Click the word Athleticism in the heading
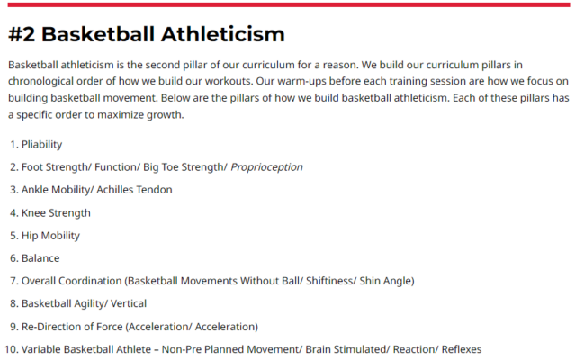tap(222, 34)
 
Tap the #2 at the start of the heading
tap(22, 34)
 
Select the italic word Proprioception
tap(266, 167)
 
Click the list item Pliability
tap(42, 144)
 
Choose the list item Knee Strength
tap(56, 213)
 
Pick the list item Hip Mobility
tap(50, 236)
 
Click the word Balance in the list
tap(40, 258)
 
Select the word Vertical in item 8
tap(129, 303)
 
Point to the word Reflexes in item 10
tap(462, 349)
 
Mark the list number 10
tap(11, 349)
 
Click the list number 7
tap(14, 281)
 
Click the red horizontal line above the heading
tap(289, 4)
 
